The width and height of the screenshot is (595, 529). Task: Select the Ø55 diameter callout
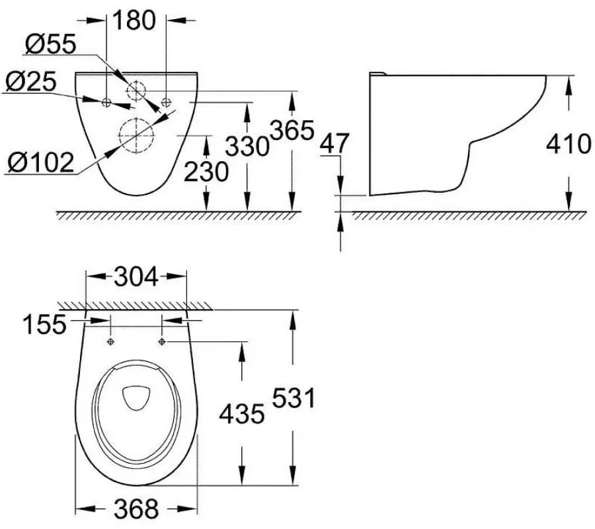point(51,45)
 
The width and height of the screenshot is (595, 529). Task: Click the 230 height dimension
point(206,172)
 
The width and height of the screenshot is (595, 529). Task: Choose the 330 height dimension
point(247,145)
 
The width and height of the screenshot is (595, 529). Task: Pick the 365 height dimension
point(291,130)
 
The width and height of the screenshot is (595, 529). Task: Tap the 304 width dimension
point(136,277)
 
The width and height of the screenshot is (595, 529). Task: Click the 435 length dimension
point(242,413)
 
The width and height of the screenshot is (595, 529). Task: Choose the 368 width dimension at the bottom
point(136,509)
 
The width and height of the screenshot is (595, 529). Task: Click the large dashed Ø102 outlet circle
point(136,135)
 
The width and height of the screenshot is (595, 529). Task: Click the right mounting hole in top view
point(162,341)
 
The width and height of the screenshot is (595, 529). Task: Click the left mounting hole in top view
point(110,341)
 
